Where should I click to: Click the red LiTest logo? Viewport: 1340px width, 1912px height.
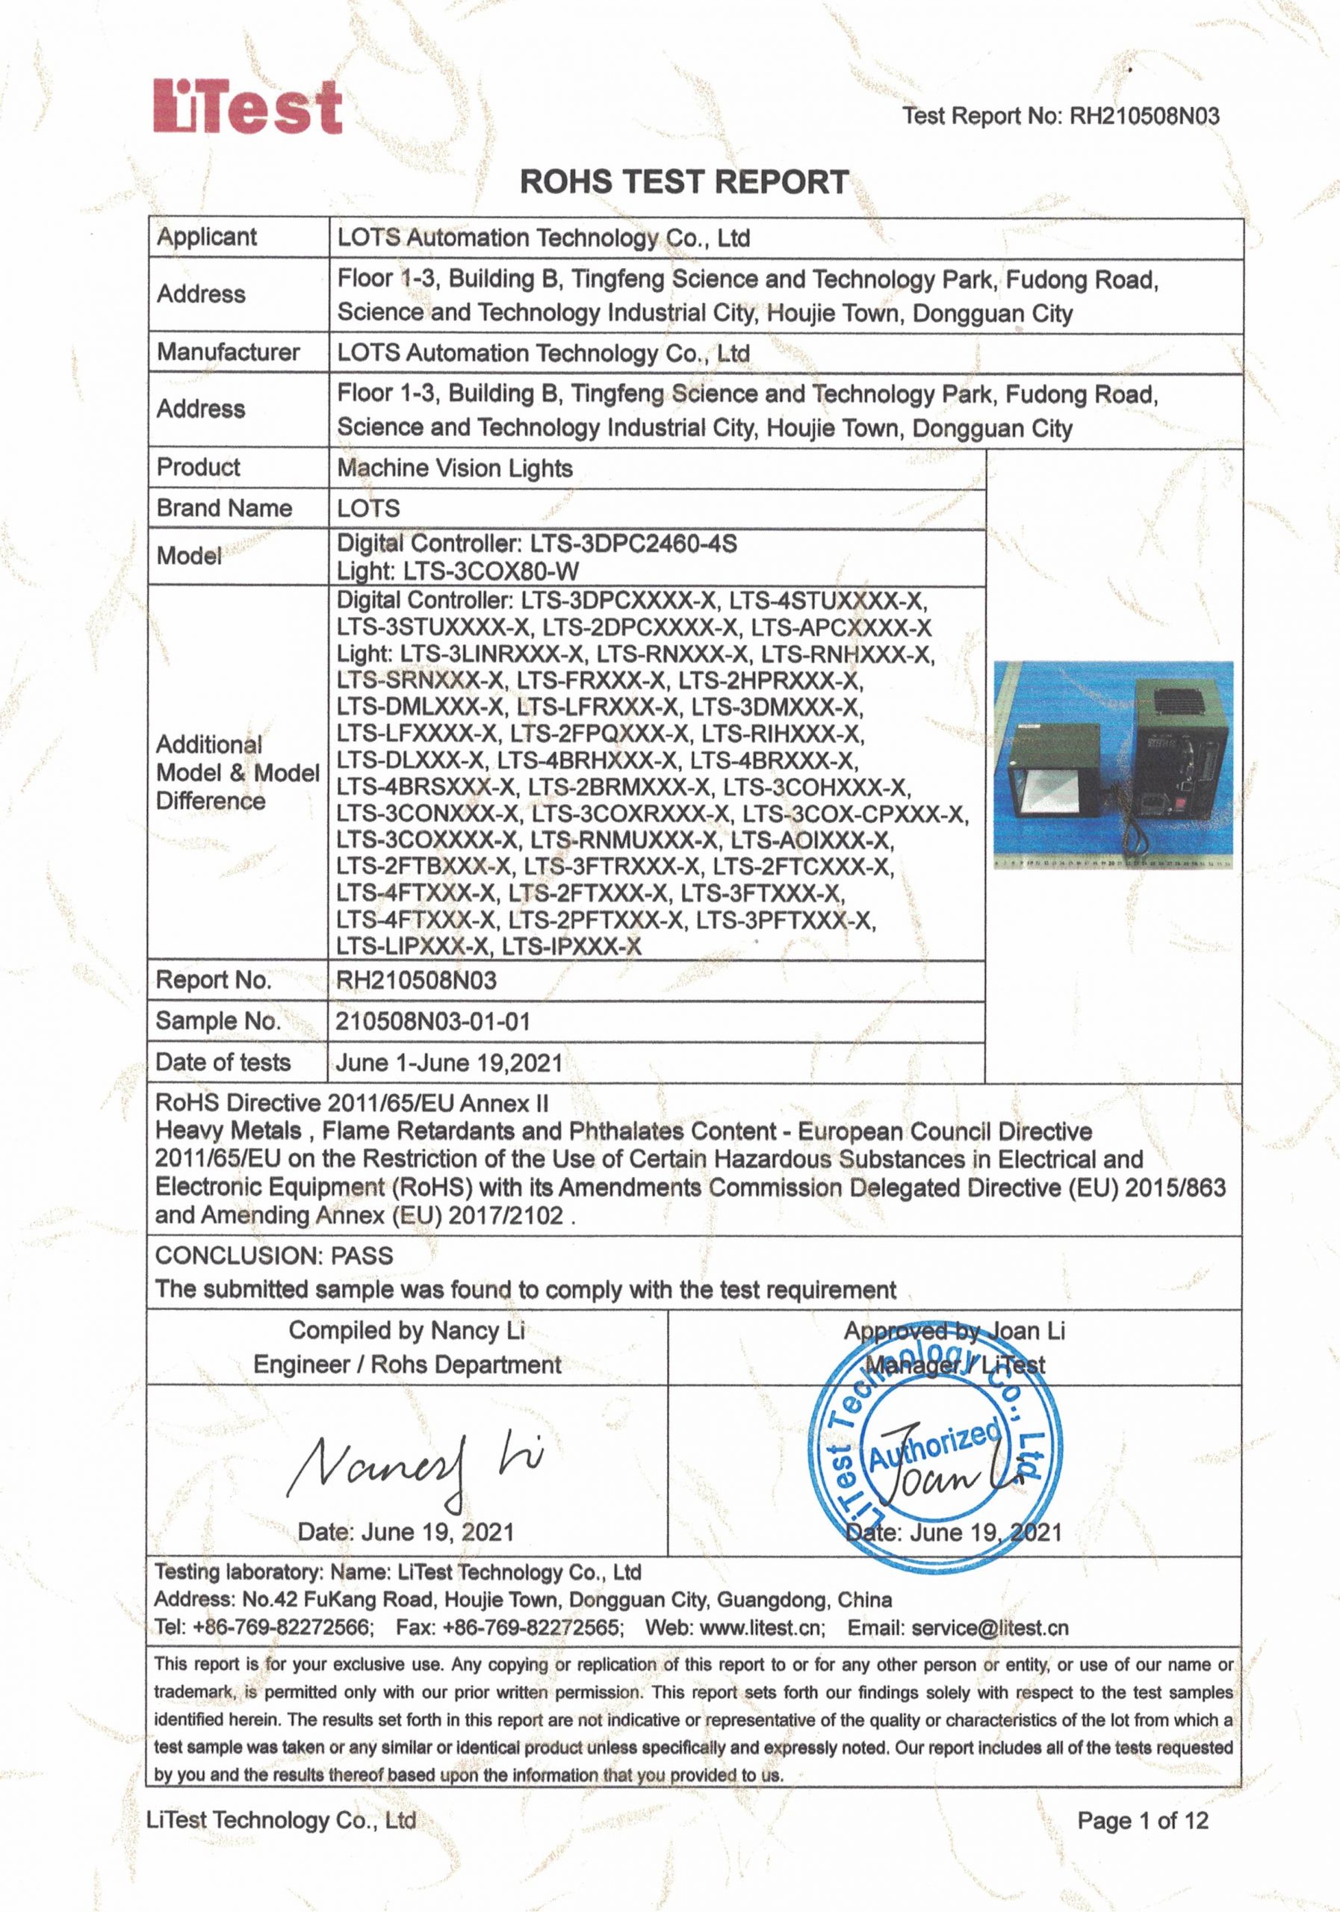247,107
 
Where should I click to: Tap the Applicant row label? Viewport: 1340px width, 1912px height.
208,237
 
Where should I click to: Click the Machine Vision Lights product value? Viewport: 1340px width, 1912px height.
455,468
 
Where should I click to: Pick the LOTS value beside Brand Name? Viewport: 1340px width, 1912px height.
368,508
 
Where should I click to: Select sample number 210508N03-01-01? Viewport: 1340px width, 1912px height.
432,1021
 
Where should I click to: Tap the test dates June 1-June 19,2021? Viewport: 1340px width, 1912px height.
449,1063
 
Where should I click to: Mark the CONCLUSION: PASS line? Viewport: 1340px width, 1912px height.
274,1255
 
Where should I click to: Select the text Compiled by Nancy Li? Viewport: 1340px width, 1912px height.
406,1331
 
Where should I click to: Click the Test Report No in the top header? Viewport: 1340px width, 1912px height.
1061,116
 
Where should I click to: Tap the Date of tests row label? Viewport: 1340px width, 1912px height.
223,1063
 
